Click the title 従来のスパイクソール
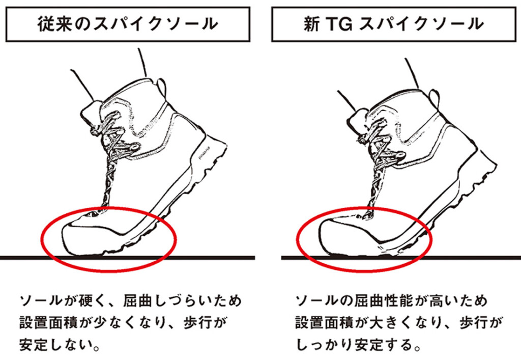click(x=128, y=24)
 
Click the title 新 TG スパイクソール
click(x=393, y=24)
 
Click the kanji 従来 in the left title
click(x=54, y=24)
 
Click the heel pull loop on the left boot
click(x=161, y=86)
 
